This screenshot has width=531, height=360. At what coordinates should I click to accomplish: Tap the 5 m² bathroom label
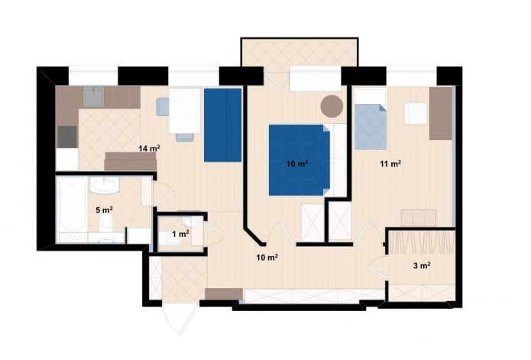click(104, 209)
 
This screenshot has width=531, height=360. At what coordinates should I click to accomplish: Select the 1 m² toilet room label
click(180, 234)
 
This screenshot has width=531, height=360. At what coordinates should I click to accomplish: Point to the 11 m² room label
click(391, 163)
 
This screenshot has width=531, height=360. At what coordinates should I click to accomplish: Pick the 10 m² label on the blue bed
click(297, 164)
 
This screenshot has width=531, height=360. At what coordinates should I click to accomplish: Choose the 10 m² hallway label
click(266, 258)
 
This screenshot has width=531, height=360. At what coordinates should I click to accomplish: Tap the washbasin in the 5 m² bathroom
click(103, 186)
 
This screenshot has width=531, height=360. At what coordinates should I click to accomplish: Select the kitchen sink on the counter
click(95, 96)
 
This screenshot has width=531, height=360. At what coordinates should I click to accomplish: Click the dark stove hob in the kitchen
click(67, 136)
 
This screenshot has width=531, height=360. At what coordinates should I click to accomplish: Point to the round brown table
click(332, 105)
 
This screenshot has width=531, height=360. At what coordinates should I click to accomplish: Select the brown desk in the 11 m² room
click(440, 113)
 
